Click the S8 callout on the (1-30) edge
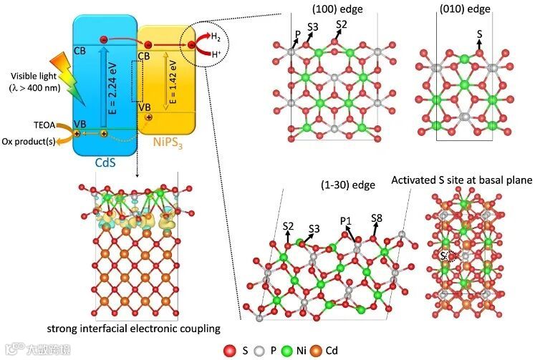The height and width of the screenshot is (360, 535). [x=377, y=217]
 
